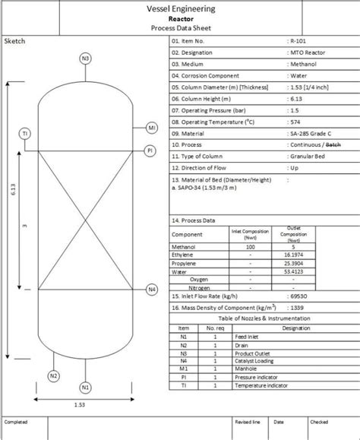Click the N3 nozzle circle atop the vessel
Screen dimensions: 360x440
85,59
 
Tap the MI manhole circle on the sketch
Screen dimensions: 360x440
152,127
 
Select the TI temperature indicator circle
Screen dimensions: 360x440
25,134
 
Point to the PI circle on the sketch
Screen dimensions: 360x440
150,151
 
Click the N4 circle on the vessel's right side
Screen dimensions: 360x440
152,290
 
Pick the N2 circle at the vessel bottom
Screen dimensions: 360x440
53,375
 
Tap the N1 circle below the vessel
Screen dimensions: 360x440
85,388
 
